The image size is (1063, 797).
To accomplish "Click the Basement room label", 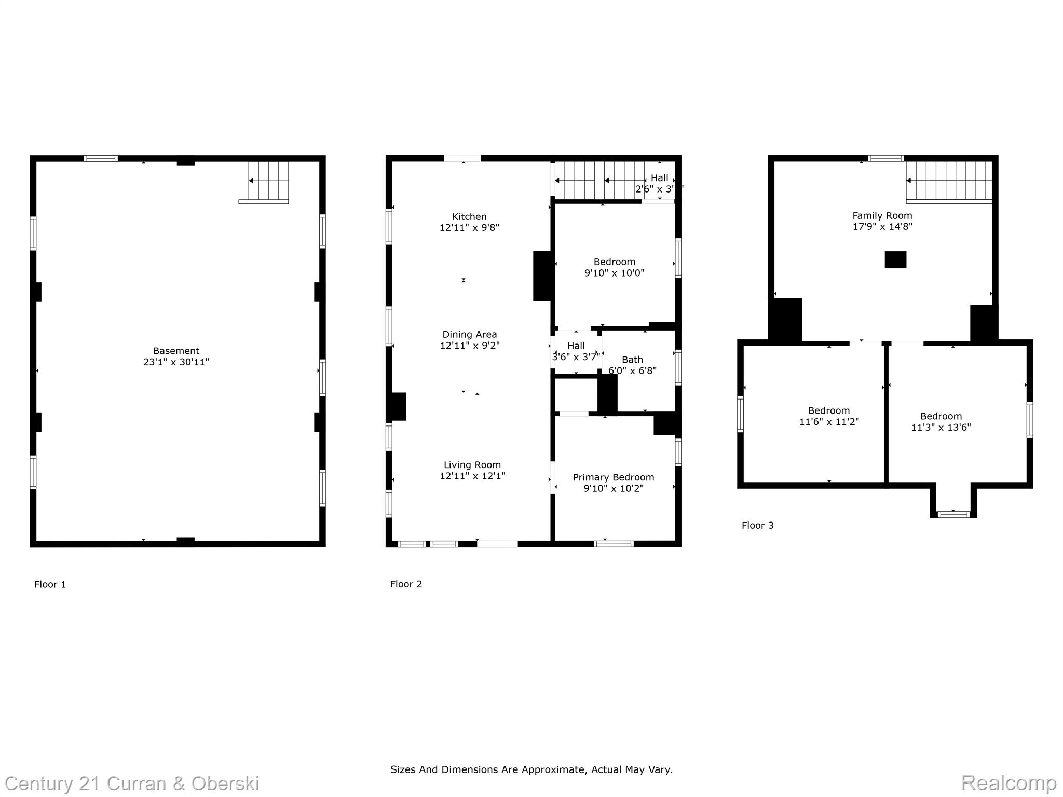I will click(x=176, y=351).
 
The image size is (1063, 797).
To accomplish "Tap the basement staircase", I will click(x=268, y=181).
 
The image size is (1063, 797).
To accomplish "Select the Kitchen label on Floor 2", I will click(x=469, y=217).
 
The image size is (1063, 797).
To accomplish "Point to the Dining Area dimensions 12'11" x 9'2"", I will click(x=470, y=346).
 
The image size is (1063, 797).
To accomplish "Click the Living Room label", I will click(x=472, y=465).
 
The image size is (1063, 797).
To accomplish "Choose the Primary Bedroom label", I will click(x=613, y=477).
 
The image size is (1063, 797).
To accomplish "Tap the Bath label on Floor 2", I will click(x=632, y=360).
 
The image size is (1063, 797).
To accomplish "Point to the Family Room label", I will click(x=882, y=216).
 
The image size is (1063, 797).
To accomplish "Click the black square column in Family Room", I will click(x=895, y=259).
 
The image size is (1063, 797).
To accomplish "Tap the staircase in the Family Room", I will click(x=949, y=181).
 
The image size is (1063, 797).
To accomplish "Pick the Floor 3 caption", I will click(x=757, y=526).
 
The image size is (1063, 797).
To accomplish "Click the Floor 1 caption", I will click(x=50, y=585).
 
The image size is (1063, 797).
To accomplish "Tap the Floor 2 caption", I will click(x=406, y=584).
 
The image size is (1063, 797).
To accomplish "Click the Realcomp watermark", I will click(x=1009, y=783).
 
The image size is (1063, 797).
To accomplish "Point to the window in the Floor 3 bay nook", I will click(x=953, y=514).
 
